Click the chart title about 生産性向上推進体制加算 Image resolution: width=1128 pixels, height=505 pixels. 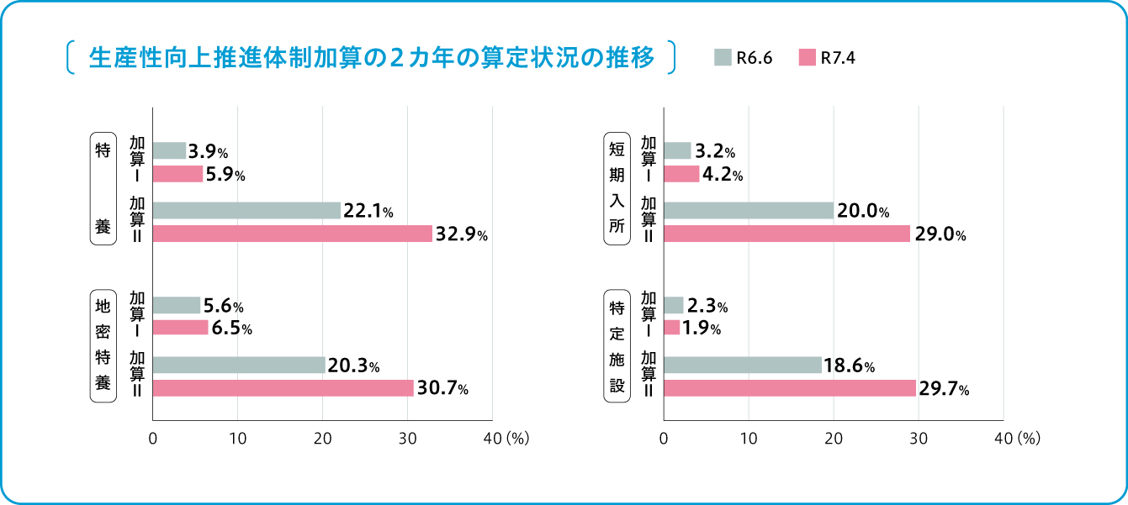(x=370, y=57)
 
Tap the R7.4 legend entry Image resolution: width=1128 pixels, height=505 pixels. (x=828, y=57)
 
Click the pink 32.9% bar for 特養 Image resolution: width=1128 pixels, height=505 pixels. (x=292, y=234)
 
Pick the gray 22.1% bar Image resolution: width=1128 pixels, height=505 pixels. (x=246, y=210)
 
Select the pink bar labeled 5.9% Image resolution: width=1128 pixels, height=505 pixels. (x=177, y=174)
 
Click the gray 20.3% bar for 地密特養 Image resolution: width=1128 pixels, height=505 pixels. (x=239, y=365)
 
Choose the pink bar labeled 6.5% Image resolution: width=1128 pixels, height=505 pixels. (x=180, y=328)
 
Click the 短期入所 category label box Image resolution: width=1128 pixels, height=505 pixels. (x=617, y=188)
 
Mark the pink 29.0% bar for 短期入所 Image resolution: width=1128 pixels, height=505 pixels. (x=786, y=234)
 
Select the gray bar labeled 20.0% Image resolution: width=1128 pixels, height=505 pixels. (x=749, y=210)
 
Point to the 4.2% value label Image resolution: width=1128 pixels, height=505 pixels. (x=723, y=176)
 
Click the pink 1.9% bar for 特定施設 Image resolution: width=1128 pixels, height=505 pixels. (x=671, y=328)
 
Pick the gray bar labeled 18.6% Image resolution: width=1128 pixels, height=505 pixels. (x=743, y=365)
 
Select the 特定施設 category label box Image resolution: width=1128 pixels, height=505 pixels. (x=617, y=345)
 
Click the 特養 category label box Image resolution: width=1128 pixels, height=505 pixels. (x=103, y=188)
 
